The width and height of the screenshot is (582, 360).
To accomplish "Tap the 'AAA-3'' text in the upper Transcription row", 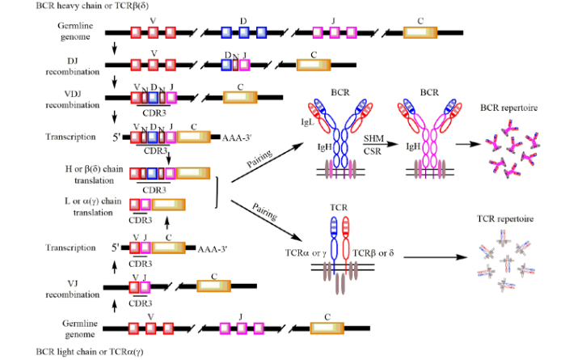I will (238, 138).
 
